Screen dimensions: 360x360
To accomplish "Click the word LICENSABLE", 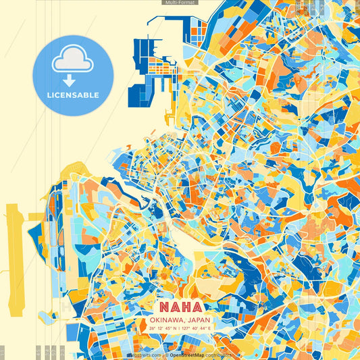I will tap(73, 95).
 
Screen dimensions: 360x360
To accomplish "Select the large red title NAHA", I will tap(180, 306).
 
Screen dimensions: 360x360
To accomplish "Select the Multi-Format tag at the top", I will tap(180, 3).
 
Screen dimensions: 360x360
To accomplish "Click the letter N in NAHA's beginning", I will tap(164, 306).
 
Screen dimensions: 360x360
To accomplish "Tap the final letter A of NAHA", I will tap(196, 306).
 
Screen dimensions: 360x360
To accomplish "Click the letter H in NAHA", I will tap(185, 306).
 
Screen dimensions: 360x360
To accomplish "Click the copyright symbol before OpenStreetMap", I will tap(167, 354).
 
